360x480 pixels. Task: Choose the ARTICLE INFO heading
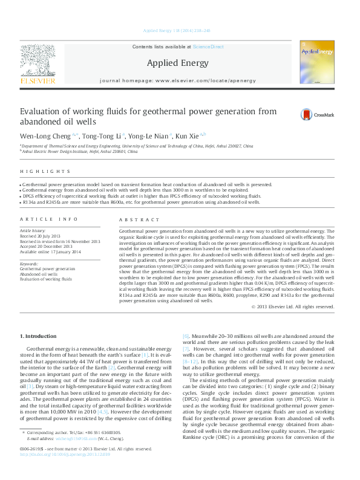(49, 219)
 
